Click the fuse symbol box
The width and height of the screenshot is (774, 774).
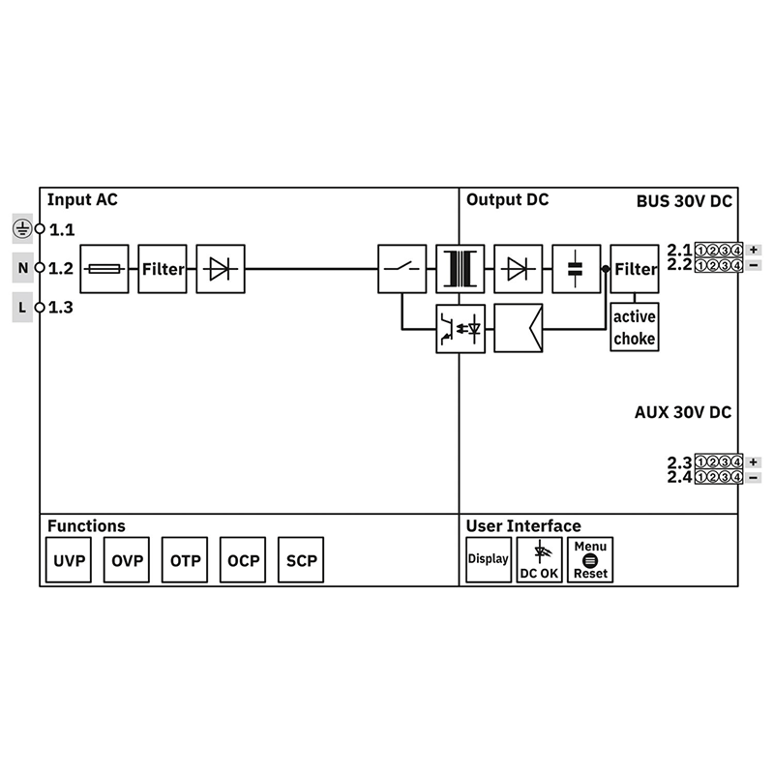(x=104, y=268)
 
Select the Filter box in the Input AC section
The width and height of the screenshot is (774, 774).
(x=163, y=268)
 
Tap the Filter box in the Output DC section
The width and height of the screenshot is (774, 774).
(x=635, y=268)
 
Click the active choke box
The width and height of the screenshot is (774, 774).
(x=635, y=328)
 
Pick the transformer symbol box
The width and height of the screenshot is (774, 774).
(x=460, y=268)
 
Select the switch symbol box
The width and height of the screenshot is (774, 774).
(x=402, y=268)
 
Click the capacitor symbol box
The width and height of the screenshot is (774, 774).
(x=577, y=268)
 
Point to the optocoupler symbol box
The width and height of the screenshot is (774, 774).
(x=460, y=328)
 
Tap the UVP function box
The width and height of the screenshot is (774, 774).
(x=69, y=561)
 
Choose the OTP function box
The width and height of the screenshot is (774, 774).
(x=185, y=561)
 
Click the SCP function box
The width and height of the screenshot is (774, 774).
(x=301, y=561)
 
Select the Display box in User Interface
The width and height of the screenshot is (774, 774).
(x=489, y=560)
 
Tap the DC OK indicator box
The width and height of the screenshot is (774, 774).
(x=539, y=560)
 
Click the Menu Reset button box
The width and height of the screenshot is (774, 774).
(x=590, y=560)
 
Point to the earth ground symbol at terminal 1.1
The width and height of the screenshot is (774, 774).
(x=22, y=228)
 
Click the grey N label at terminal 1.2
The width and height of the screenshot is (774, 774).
(x=22, y=268)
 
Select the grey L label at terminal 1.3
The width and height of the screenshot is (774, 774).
(x=22, y=308)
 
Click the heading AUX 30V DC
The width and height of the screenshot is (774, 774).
(x=682, y=412)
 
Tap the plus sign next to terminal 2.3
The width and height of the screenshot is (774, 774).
(x=754, y=461)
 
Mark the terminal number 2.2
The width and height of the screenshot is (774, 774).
(x=679, y=264)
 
